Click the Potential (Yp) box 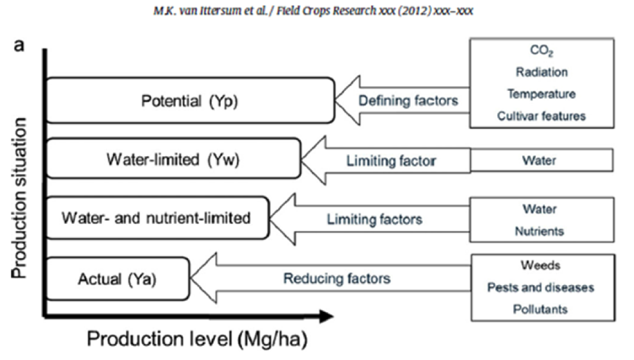[190, 100]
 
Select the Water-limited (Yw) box [174, 158]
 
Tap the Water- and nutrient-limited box [158, 218]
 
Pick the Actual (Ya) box [118, 279]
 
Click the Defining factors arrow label [409, 101]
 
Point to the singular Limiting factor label [391, 161]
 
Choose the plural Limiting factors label [374, 219]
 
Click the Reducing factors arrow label [337, 278]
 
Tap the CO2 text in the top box [542, 51]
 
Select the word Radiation [542, 72]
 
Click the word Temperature [542, 94]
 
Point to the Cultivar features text [542, 116]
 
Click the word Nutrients [539, 231]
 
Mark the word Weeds [540, 265]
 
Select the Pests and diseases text [540, 287]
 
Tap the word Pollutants [540, 309]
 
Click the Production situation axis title [19, 198]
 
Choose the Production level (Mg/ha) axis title [198, 339]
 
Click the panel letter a [19, 46]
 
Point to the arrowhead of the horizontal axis [332, 316]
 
